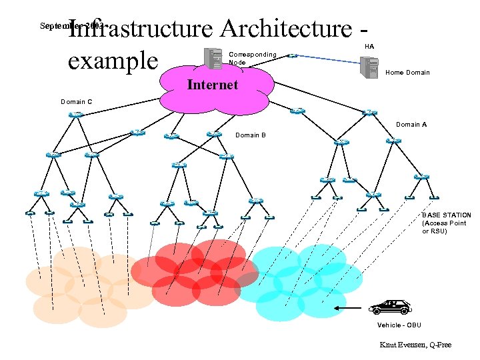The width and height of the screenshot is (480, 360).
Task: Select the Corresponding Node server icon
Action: point(215,58)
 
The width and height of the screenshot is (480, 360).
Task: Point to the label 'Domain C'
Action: point(76,102)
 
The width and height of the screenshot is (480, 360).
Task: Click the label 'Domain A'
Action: point(411,125)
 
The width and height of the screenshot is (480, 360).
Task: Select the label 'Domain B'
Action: point(251,135)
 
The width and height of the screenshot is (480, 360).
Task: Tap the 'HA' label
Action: point(369,47)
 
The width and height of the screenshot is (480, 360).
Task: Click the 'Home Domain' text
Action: point(407,73)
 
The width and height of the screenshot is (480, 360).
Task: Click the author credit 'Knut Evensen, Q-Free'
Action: point(415,345)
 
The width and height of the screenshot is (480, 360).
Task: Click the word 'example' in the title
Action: point(113,61)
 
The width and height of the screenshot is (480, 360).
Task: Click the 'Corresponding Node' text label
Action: point(252,57)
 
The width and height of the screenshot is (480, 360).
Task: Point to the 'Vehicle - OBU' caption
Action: point(399,325)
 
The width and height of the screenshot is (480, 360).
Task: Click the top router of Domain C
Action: point(75,115)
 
